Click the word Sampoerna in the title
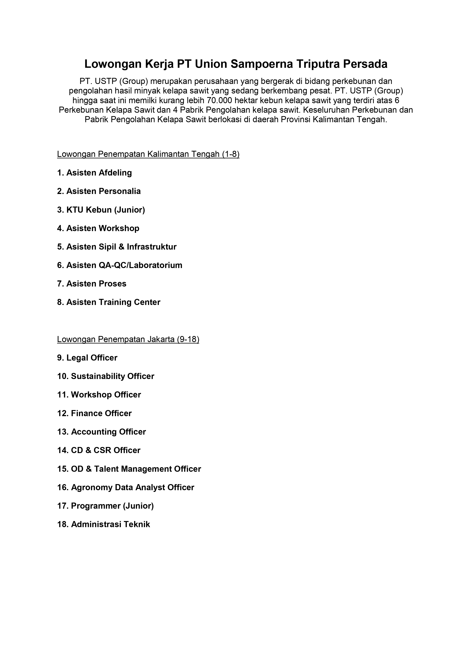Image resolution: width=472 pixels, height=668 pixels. [x=262, y=64]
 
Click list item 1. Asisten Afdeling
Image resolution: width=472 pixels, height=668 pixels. [x=95, y=173]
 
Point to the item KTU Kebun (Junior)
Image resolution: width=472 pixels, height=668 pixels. [x=101, y=210]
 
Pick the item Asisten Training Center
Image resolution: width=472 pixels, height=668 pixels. [x=108, y=302]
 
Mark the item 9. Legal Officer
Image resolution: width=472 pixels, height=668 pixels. [x=87, y=358]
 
